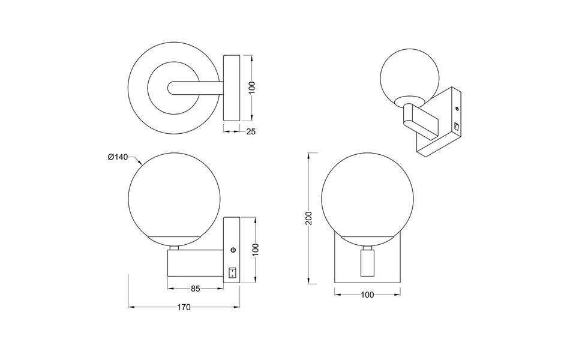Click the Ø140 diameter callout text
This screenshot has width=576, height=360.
point(118,157)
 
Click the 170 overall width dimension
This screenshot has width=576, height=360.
point(184,307)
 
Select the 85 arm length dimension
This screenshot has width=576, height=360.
point(195,289)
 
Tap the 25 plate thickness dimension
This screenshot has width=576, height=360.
point(251,132)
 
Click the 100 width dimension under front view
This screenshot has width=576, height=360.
point(368,295)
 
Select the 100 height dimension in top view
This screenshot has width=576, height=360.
point(253,88)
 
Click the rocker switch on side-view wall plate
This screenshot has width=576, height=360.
point(233,274)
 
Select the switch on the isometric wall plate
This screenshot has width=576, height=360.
point(455,127)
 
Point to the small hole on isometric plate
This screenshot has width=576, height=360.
point(457,109)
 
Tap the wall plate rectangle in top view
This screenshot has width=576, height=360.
point(232,88)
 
